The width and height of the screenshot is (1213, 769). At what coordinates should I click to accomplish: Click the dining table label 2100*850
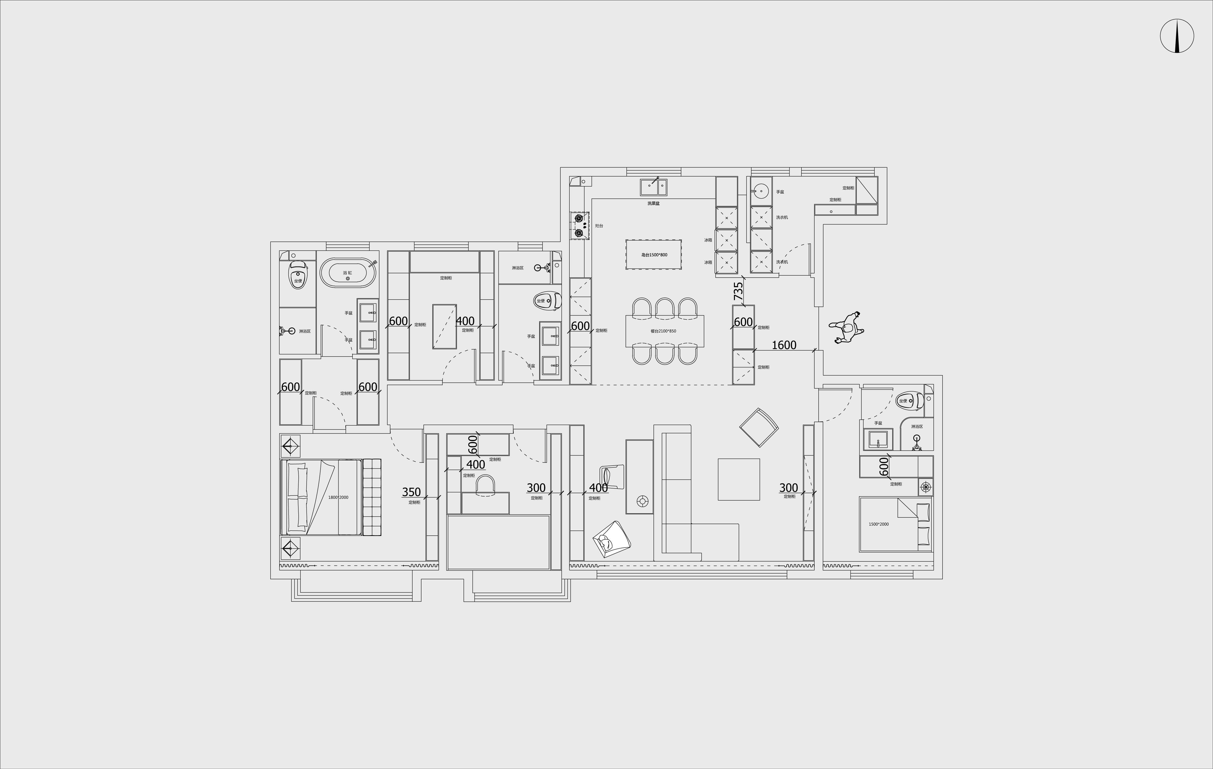click(663, 331)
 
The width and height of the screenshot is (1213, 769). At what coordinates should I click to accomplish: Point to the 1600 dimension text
click(784, 345)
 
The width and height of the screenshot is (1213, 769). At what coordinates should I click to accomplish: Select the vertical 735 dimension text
click(738, 291)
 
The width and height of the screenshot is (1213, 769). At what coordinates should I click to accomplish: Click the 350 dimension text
click(411, 492)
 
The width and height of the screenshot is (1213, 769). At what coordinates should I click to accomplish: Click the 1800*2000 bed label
click(338, 497)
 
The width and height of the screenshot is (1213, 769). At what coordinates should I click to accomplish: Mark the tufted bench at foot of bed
click(372, 497)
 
